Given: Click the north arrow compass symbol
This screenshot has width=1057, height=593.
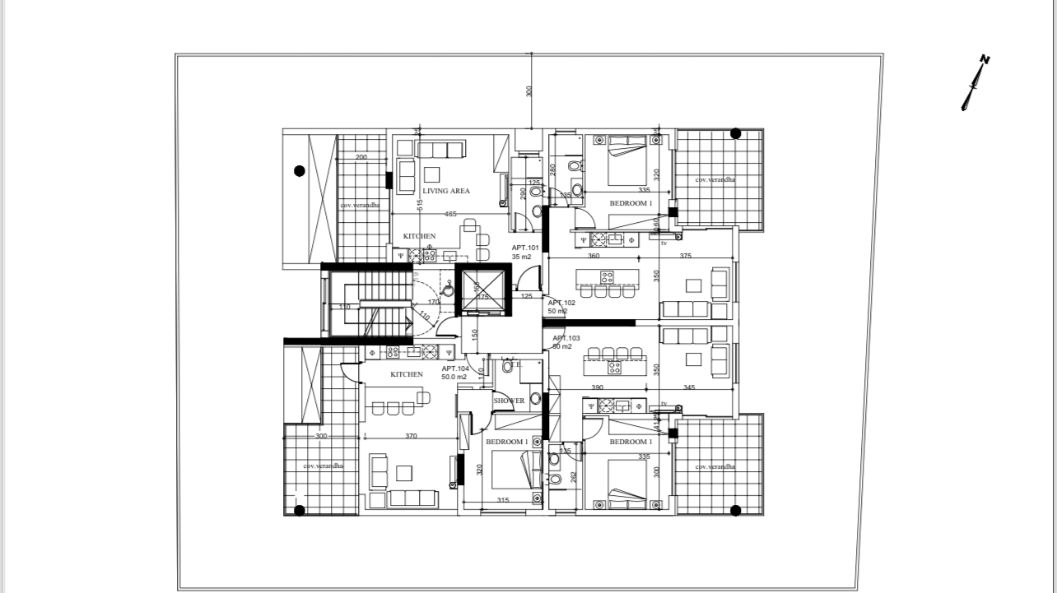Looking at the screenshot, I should pyautogui.click(x=975, y=82).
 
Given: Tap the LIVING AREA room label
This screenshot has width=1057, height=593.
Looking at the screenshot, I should pyautogui.click(x=446, y=191).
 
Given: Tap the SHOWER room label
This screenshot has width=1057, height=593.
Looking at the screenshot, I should pyautogui.click(x=509, y=401).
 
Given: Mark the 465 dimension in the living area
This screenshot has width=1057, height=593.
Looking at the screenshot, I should pyautogui.click(x=450, y=215).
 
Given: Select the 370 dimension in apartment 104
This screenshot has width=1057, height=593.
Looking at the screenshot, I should pyautogui.click(x=411, y=436).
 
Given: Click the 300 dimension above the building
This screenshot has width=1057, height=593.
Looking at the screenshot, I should pyautogui.click(x=529, y=91).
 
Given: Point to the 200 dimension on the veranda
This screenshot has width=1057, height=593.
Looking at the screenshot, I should pyautogui.click(x=361, y=157).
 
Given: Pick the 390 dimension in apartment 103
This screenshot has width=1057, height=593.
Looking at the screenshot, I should pyautogui.click(x=597, y=387).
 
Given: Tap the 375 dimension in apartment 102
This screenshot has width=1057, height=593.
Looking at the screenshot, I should pyautogui.click(x=686, y=256).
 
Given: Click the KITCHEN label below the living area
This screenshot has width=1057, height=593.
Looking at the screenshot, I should pyautogui.click(x=419, y=236).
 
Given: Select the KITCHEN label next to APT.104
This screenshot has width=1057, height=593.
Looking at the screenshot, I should pyautogui.click(x=407, y=374).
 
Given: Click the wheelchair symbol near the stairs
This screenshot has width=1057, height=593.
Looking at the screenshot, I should pyautogui.click(x=448, y=288).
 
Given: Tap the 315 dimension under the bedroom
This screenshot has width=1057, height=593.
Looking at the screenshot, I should pyautogui.click(x=502, y=500).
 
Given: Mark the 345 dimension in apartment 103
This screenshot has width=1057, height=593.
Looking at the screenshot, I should pyautogui.click(x=689, y=387).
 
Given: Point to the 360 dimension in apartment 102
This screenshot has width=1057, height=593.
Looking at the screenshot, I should pyautogui.click(x=594, y=256).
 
